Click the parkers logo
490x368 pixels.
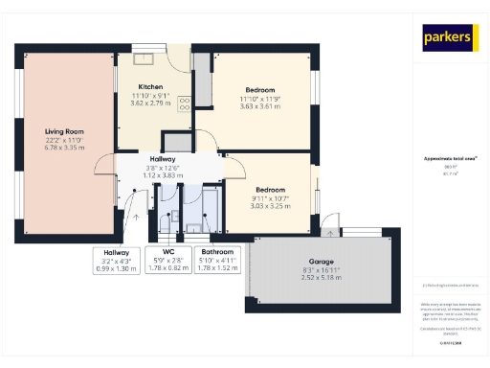tap(449, 37)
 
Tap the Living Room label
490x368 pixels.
tap(65, 131)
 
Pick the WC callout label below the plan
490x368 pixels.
tap(168, 253)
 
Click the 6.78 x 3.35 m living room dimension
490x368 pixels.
tap(65, 149)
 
